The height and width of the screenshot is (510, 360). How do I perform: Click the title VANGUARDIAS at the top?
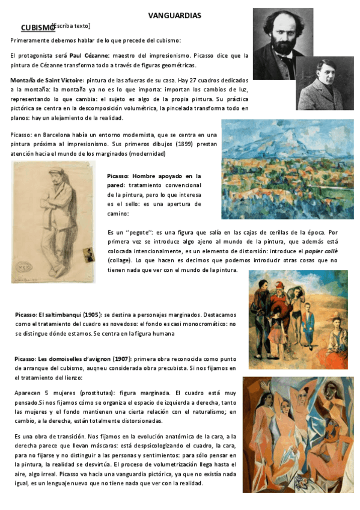pyautogui.click(x=174, y=15)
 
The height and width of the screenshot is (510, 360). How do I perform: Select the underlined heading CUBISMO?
pyautogui.click(x=37, y=28)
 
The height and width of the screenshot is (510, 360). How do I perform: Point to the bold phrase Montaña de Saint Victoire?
pyautogui.click(x=47, y=79)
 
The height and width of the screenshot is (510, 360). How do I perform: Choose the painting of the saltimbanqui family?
pyautogui.click(x=298, y=319)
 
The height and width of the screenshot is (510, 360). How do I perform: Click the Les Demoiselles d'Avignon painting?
pyautogui.click(x=298, y=434)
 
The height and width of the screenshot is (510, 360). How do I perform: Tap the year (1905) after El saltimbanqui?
pyautogui.click(x=90, y=315)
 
